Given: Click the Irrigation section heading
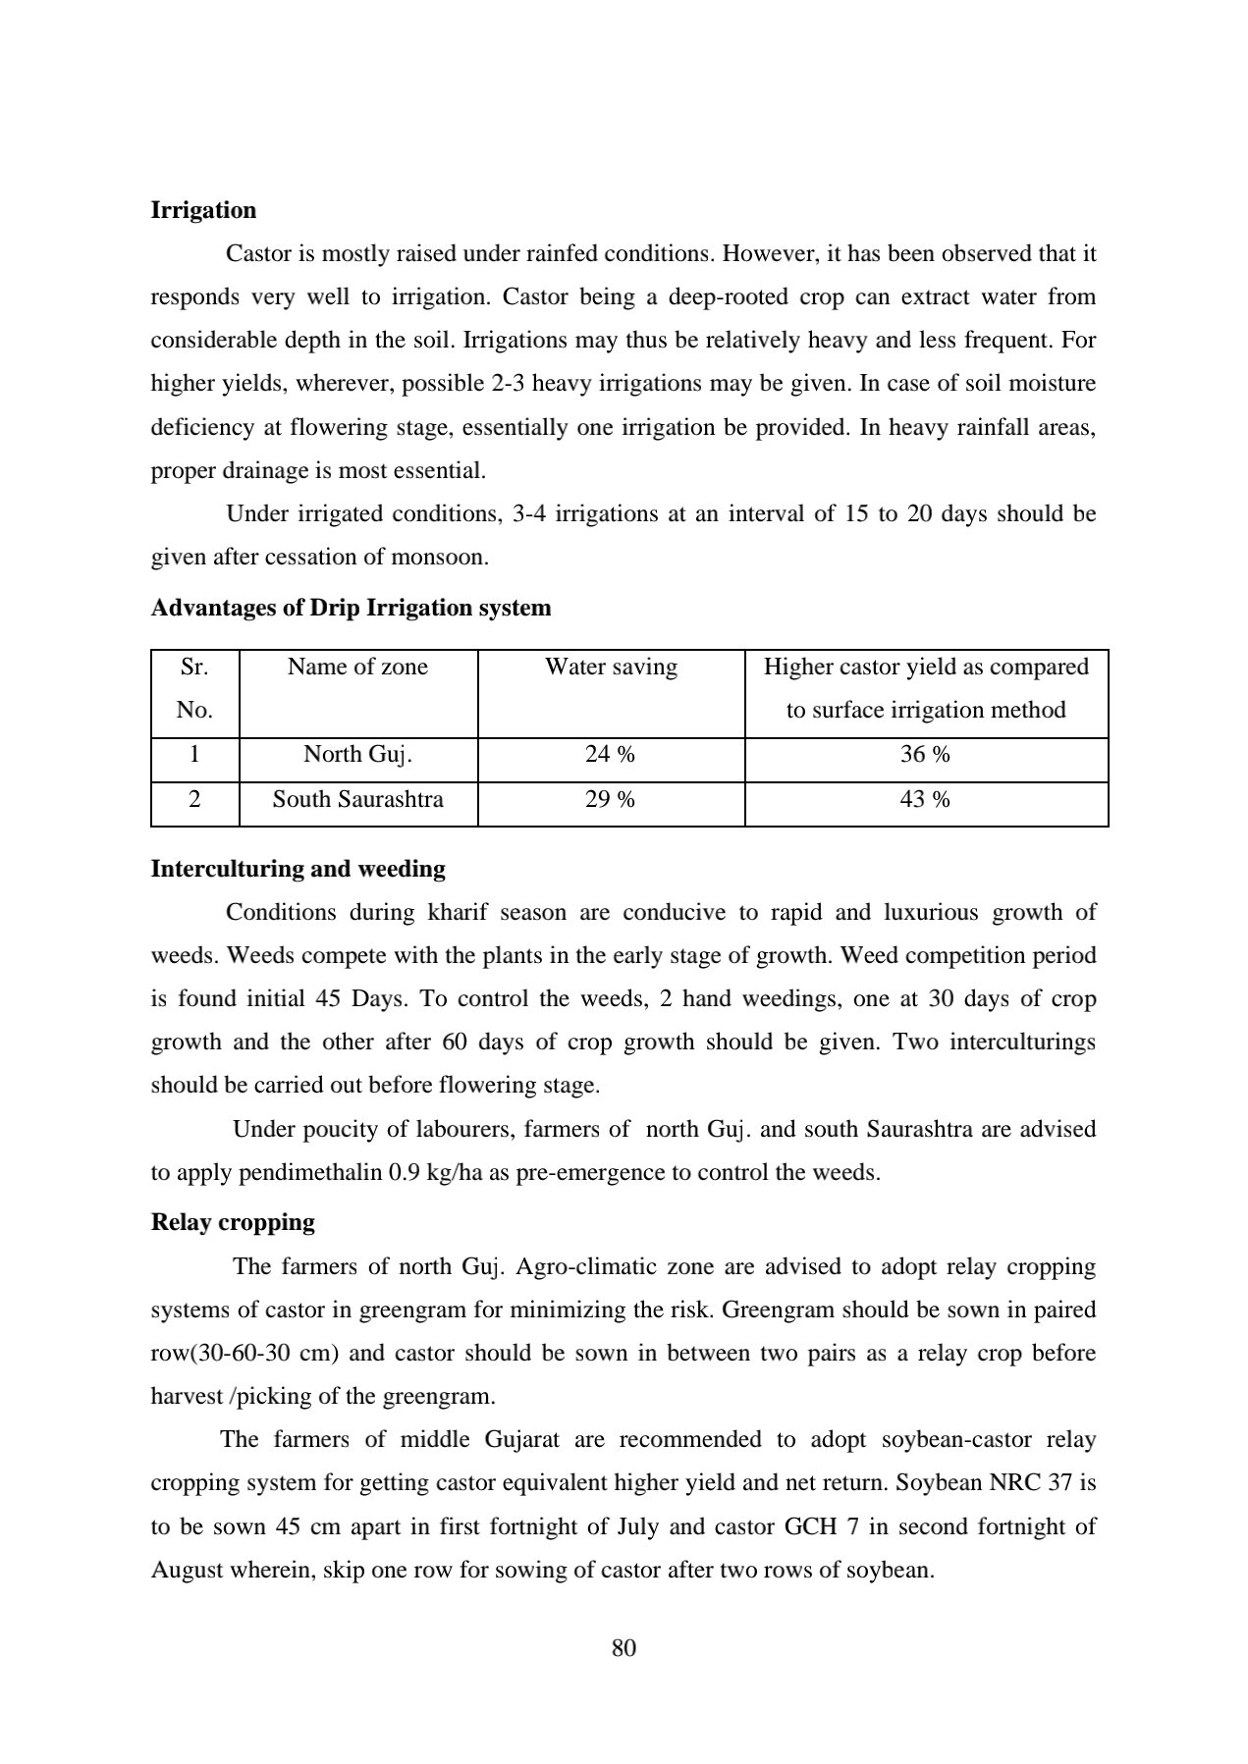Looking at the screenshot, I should pos(203,210).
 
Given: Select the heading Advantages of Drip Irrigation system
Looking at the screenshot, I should pos(351,608).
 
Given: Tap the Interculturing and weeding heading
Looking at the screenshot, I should pos(298,869).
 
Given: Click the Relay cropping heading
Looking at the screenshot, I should pos(233,1222).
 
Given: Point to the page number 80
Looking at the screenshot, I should pos(624,1648).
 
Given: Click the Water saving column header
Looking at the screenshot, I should pos(611,668).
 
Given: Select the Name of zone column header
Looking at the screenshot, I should pos(357,668).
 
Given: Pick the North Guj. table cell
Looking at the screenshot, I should pos(357,755).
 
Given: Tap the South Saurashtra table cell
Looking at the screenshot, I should pos(357,800).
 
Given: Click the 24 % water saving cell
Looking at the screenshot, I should pos(610,755).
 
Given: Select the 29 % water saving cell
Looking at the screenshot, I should pos(610,800).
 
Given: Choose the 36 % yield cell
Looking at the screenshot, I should pos(925,755).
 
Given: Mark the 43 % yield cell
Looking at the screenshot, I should pos(925,800).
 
